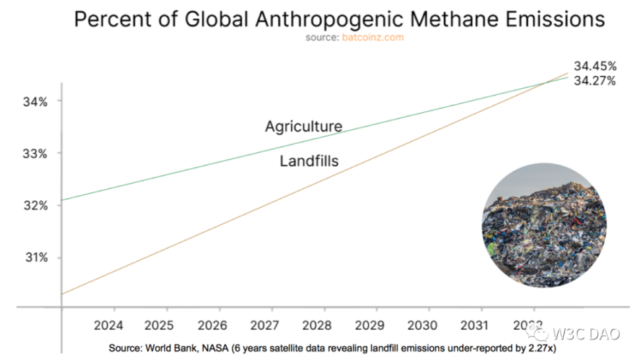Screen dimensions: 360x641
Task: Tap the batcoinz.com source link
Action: tap(373, 38)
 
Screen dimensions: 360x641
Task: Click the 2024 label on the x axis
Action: tap(114, 325)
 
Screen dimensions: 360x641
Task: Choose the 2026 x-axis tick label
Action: tap(219, 325)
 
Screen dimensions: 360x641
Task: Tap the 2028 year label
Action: tap(323, 325)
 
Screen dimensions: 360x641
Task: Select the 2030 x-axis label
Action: tap(428, 325)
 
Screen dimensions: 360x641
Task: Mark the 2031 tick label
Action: tap(480, 325)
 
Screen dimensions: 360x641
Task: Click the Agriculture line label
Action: tap(303, 126)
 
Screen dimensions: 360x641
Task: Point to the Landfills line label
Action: tap(309, 160)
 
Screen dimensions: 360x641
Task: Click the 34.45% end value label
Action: tap(595, 67)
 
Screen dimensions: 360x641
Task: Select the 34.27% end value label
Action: tap(595, 81)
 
